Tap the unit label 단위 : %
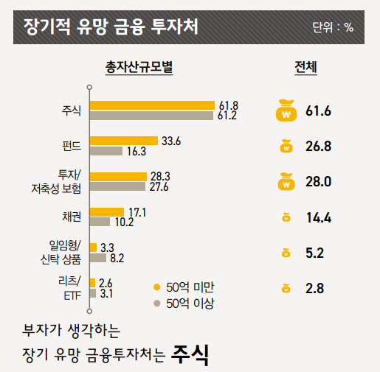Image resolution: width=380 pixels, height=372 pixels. coord(333,27)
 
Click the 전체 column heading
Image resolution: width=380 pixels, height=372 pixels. coord(305,68)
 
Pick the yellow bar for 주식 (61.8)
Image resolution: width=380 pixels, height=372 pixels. coord(152,105)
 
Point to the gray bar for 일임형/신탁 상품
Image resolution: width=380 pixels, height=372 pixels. coord(97,258)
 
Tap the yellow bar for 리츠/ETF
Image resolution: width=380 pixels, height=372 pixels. coord(92,283)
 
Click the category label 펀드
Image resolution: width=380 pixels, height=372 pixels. coord(72,146)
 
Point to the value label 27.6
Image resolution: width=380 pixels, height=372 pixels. coord(159,187)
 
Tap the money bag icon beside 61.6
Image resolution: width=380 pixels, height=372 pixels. coord(285,112)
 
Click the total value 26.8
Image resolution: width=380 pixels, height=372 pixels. coord(318,147)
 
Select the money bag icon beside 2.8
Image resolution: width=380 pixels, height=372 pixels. coord(286,289)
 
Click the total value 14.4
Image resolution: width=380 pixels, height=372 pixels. coord(318,217)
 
